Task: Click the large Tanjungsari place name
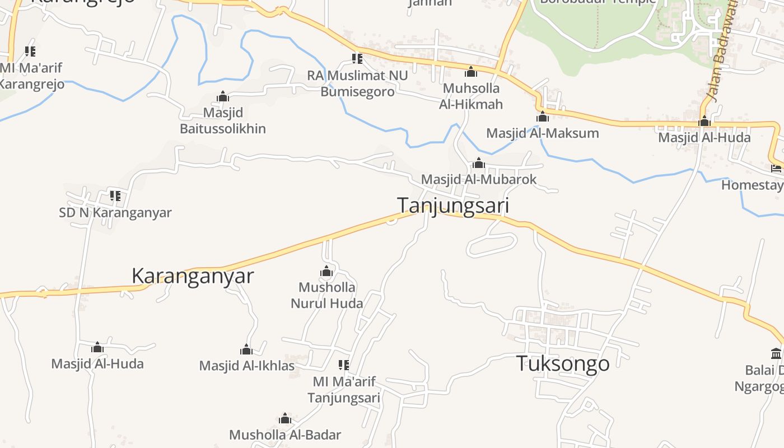[453, 206]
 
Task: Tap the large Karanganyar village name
[193, 276]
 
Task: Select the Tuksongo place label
[562, 363]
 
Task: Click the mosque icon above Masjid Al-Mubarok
[479, 163]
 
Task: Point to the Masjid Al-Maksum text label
[542, 133]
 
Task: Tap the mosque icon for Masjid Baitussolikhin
[223, 96]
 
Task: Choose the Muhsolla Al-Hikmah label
[470, 96]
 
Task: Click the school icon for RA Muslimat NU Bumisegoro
[357, 58]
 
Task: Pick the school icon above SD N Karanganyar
[115, 195]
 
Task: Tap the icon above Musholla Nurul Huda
[326, 272]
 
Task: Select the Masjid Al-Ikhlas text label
[247, 366]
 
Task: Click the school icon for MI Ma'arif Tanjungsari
[344, 365]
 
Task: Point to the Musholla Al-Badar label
[285, 435]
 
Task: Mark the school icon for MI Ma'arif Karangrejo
[30, 52]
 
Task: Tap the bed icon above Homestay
[776, 168]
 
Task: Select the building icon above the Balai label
[776, 353]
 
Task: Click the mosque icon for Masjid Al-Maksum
[542, 116]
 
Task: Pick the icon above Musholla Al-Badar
[285, 419]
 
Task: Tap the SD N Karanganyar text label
[115, 213]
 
